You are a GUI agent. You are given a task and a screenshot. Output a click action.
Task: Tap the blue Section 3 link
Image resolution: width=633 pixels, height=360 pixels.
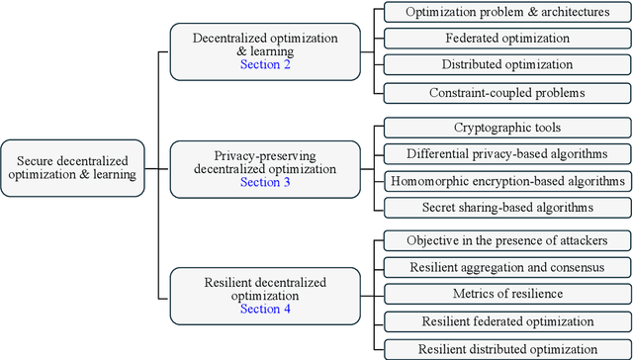click(261, 182)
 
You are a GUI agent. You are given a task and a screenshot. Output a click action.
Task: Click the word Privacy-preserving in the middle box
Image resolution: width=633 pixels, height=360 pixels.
click(261, 155)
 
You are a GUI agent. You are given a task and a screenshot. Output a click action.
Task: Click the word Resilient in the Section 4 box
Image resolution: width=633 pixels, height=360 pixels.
click(226, 282)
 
